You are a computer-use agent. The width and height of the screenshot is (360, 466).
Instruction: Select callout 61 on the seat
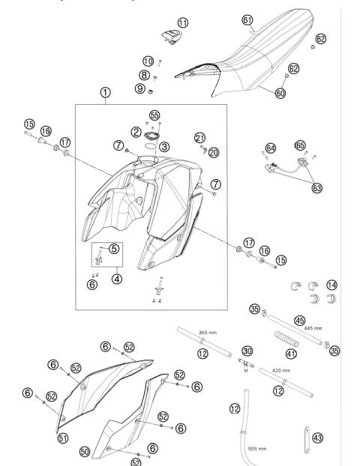click(x=249, y=19)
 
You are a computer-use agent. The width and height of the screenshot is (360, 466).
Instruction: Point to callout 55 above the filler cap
click(x=155, y=117)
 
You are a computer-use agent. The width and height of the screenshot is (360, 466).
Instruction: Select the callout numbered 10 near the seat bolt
click(x=148, y=61)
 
